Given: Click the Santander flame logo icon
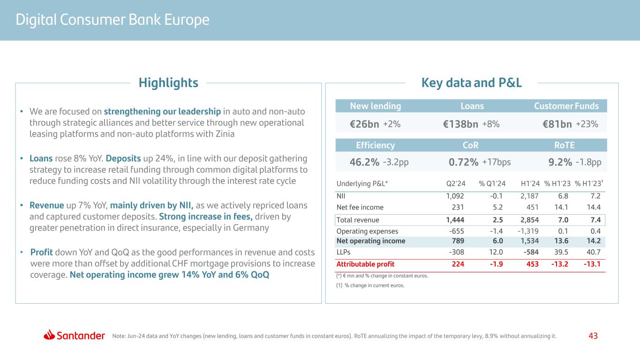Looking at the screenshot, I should [x=49, y=335].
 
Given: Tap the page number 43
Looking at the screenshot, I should [x=593, y=336].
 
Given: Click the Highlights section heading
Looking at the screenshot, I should [x=168, y=83].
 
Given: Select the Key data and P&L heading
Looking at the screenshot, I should [x=471, y=83].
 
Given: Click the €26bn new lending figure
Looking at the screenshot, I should [x=364, y=124].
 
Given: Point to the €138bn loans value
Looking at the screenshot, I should [x=460, y=124].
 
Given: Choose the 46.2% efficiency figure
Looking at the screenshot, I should [x=364, y=162].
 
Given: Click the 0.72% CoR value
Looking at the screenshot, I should [x=463, y=162].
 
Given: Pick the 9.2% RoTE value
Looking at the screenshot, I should [x=560, y=162].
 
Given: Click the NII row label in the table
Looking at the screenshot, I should [x=341, y=195].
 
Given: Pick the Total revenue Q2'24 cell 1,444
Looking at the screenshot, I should [x=455, y=220].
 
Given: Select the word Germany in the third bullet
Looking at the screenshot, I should [x=253, y=228].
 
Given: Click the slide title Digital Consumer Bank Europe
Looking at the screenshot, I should [x=113, y=20].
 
